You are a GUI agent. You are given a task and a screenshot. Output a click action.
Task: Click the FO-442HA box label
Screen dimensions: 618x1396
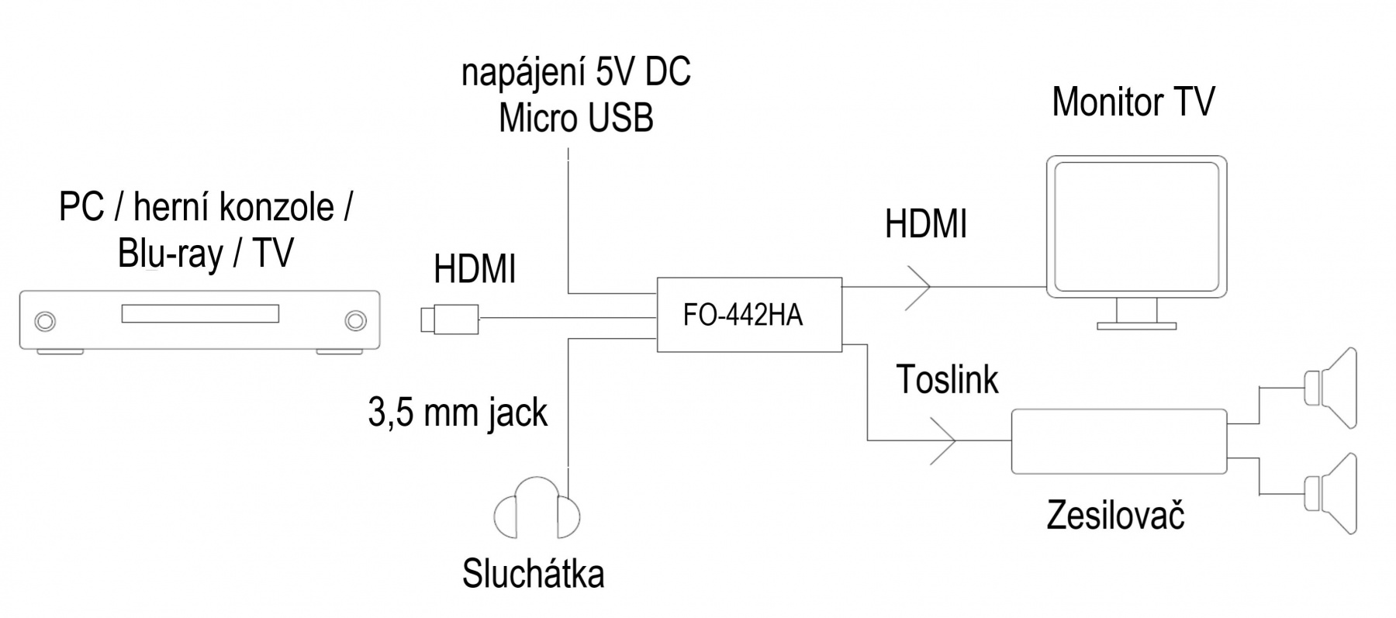pos(742,315)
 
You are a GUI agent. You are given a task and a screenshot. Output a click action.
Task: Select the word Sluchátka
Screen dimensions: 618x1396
pos(533,575)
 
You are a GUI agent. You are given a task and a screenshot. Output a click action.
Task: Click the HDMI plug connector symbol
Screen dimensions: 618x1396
pos(449,318)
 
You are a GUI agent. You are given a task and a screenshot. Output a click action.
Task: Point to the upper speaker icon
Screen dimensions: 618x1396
pos(1332,388)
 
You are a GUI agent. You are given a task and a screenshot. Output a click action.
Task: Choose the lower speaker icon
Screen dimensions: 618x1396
pos(1332,494)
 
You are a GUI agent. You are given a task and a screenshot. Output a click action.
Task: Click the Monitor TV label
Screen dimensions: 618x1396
pos(1132,102)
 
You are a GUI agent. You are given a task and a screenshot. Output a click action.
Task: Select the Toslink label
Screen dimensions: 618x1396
pos(947,379)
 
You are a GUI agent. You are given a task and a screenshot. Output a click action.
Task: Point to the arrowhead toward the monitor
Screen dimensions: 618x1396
pos(919,287)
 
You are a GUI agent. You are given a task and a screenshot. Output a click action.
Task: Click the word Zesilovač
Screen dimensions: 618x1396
pos(1114,516)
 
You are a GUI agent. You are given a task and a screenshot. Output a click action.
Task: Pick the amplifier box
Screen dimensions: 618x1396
pos(1118,441)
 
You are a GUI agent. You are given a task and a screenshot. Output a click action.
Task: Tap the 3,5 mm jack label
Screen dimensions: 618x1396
pos(458,413)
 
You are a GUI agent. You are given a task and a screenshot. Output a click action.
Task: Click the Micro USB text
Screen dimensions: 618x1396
pos(575,119)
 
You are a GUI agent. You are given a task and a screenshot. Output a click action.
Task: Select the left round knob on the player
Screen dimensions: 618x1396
pos(45,320)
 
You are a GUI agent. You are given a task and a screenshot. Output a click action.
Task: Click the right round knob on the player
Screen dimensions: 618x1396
pos(355,320)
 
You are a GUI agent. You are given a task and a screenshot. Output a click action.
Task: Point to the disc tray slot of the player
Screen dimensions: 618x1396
pos(199,314)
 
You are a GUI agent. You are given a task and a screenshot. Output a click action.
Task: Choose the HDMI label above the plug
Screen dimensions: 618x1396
pos(475,270)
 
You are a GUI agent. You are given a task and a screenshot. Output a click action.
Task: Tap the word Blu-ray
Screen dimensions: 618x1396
pos(170,254)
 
